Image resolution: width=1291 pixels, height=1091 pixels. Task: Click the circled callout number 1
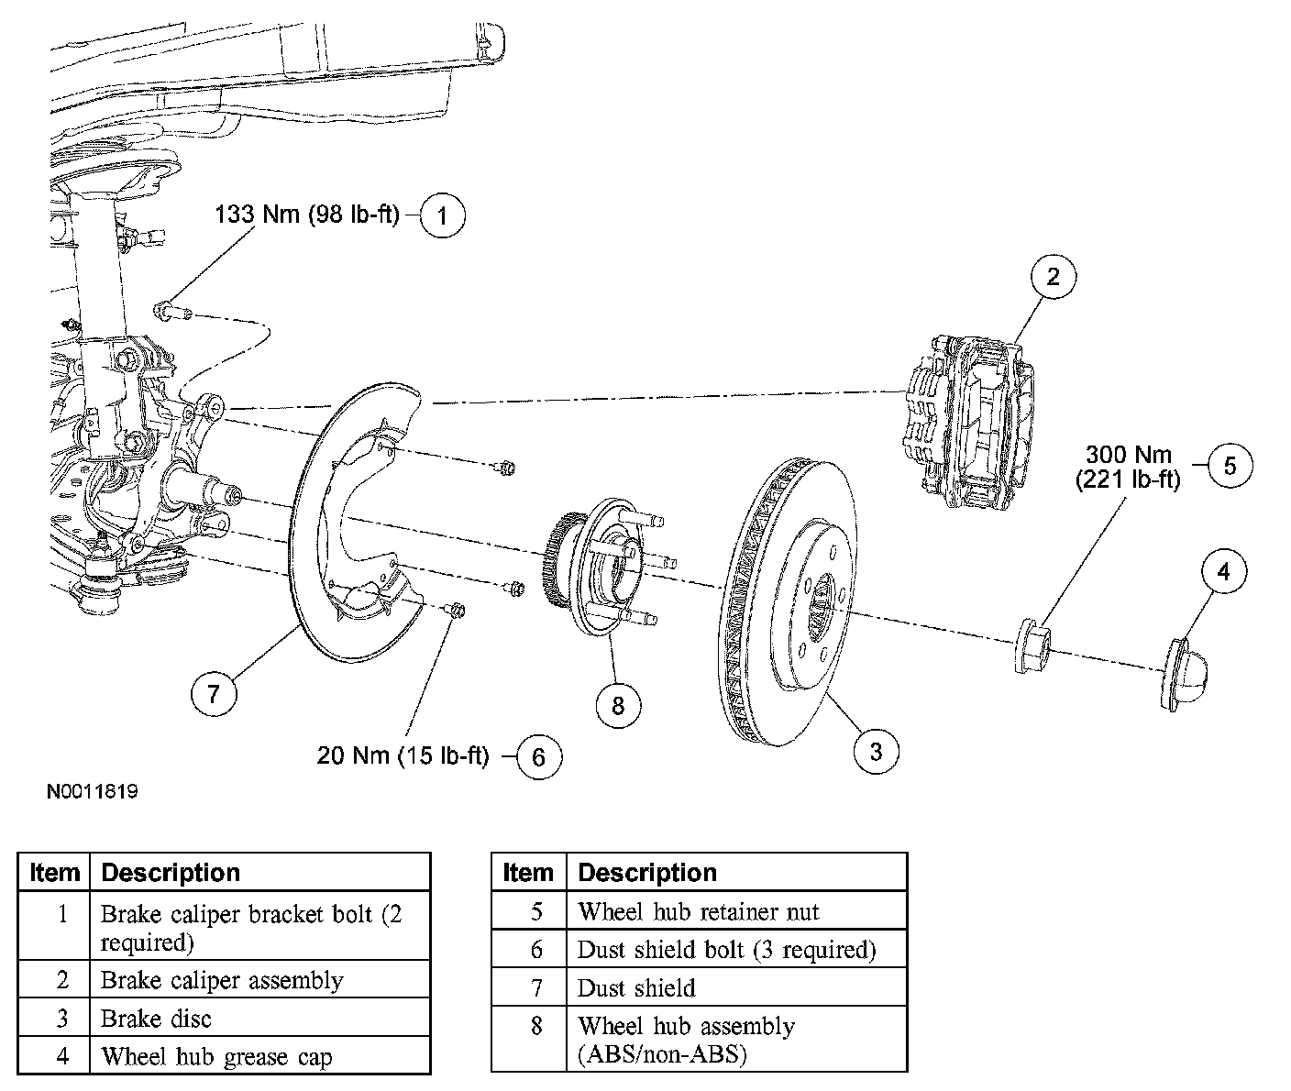[x=442, y=215]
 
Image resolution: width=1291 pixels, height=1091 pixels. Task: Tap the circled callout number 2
[x=1053, y=277]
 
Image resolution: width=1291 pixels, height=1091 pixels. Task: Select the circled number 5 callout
[x=1230, y=465]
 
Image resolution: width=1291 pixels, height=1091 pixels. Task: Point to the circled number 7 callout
[x=214, y=693]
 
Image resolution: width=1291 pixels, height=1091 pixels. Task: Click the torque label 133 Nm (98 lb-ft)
[x=306, y=215]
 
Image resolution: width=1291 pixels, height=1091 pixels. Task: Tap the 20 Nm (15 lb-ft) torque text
[x=403, y=755]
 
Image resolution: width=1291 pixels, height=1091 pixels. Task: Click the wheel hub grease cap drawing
[x=1185, y=675]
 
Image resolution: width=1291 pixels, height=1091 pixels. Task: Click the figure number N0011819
[x=93, y=792]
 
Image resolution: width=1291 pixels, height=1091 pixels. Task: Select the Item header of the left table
[x=54, y=873]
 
